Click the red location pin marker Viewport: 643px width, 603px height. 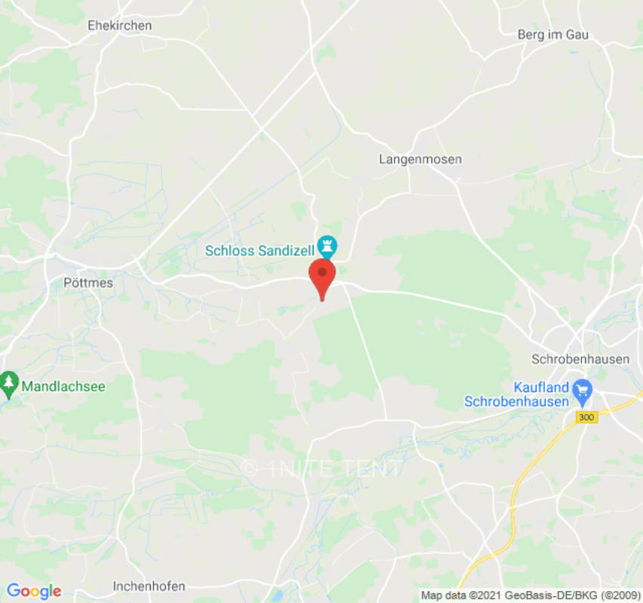click(x=323, y=276)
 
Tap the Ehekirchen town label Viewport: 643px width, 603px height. click(x=120, y=26)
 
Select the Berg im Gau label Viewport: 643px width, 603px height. click(x=553, y=35)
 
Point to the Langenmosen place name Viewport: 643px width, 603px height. click(x=420, y=160)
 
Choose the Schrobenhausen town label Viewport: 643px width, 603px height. click(x=580, y=360)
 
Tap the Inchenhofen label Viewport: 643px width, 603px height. click(x=149, y=586)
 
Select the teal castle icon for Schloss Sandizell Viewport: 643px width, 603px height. click(x=327, y=245)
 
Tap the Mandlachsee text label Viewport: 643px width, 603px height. click(x=63, y=387)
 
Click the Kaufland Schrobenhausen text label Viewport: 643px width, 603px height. click(x=516, y=395)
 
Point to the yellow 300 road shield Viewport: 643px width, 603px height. click(x=586, y=417)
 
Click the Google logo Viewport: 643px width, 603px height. click(x=33, y=591)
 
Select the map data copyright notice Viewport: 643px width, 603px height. click(x=530, y=595)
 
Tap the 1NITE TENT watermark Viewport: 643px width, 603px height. click(x=323, y=469)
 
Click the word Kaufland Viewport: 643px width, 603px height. click(x=540, y=387)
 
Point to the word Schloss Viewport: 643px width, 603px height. click(x=229, y=251)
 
